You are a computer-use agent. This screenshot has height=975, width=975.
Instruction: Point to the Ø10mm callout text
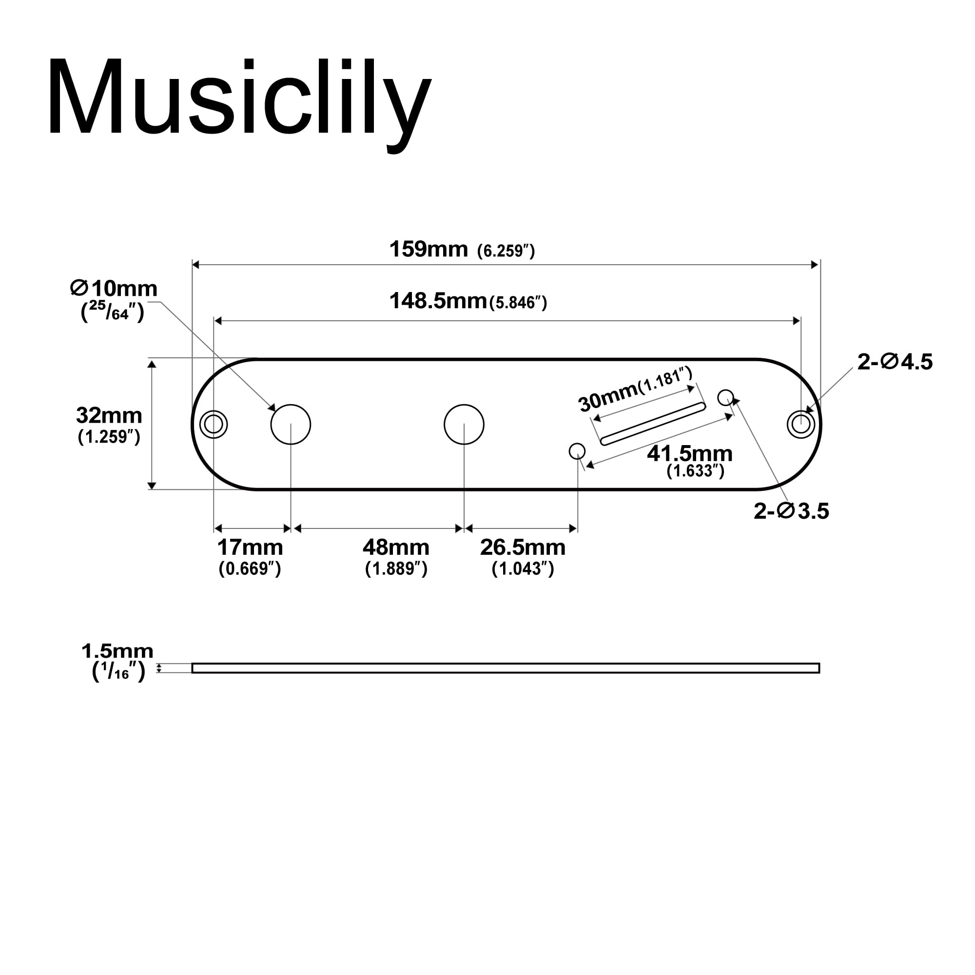coord(114,289)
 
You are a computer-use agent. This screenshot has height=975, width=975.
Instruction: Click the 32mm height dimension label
coord(109,416)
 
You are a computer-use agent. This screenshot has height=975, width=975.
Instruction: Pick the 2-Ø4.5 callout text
coord(894,362)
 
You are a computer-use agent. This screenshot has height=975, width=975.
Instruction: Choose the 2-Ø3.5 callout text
coord(791,512)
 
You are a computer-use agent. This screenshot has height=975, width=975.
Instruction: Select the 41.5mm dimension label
coord(689,454)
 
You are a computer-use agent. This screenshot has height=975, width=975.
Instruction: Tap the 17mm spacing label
coord(250,547)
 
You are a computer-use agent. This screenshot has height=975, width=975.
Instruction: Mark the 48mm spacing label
coord(396,547)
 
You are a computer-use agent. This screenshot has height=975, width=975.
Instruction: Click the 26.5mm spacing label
coord(522,547)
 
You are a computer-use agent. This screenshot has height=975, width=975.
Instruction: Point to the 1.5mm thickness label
coord(117,651)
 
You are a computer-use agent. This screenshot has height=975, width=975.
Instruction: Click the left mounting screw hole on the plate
coord(214,425)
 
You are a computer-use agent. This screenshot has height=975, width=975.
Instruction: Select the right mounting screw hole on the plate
coord(801,425)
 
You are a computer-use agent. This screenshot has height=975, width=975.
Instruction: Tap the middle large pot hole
coord(464,425)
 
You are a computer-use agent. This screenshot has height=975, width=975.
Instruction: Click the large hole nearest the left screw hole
coord(291,425)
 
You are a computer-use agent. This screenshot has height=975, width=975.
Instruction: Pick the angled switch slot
coord(653,424)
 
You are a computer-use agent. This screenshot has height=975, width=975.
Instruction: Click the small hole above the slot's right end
coord(725,397)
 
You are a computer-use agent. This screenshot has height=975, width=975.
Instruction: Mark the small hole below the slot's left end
coord(577,450)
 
